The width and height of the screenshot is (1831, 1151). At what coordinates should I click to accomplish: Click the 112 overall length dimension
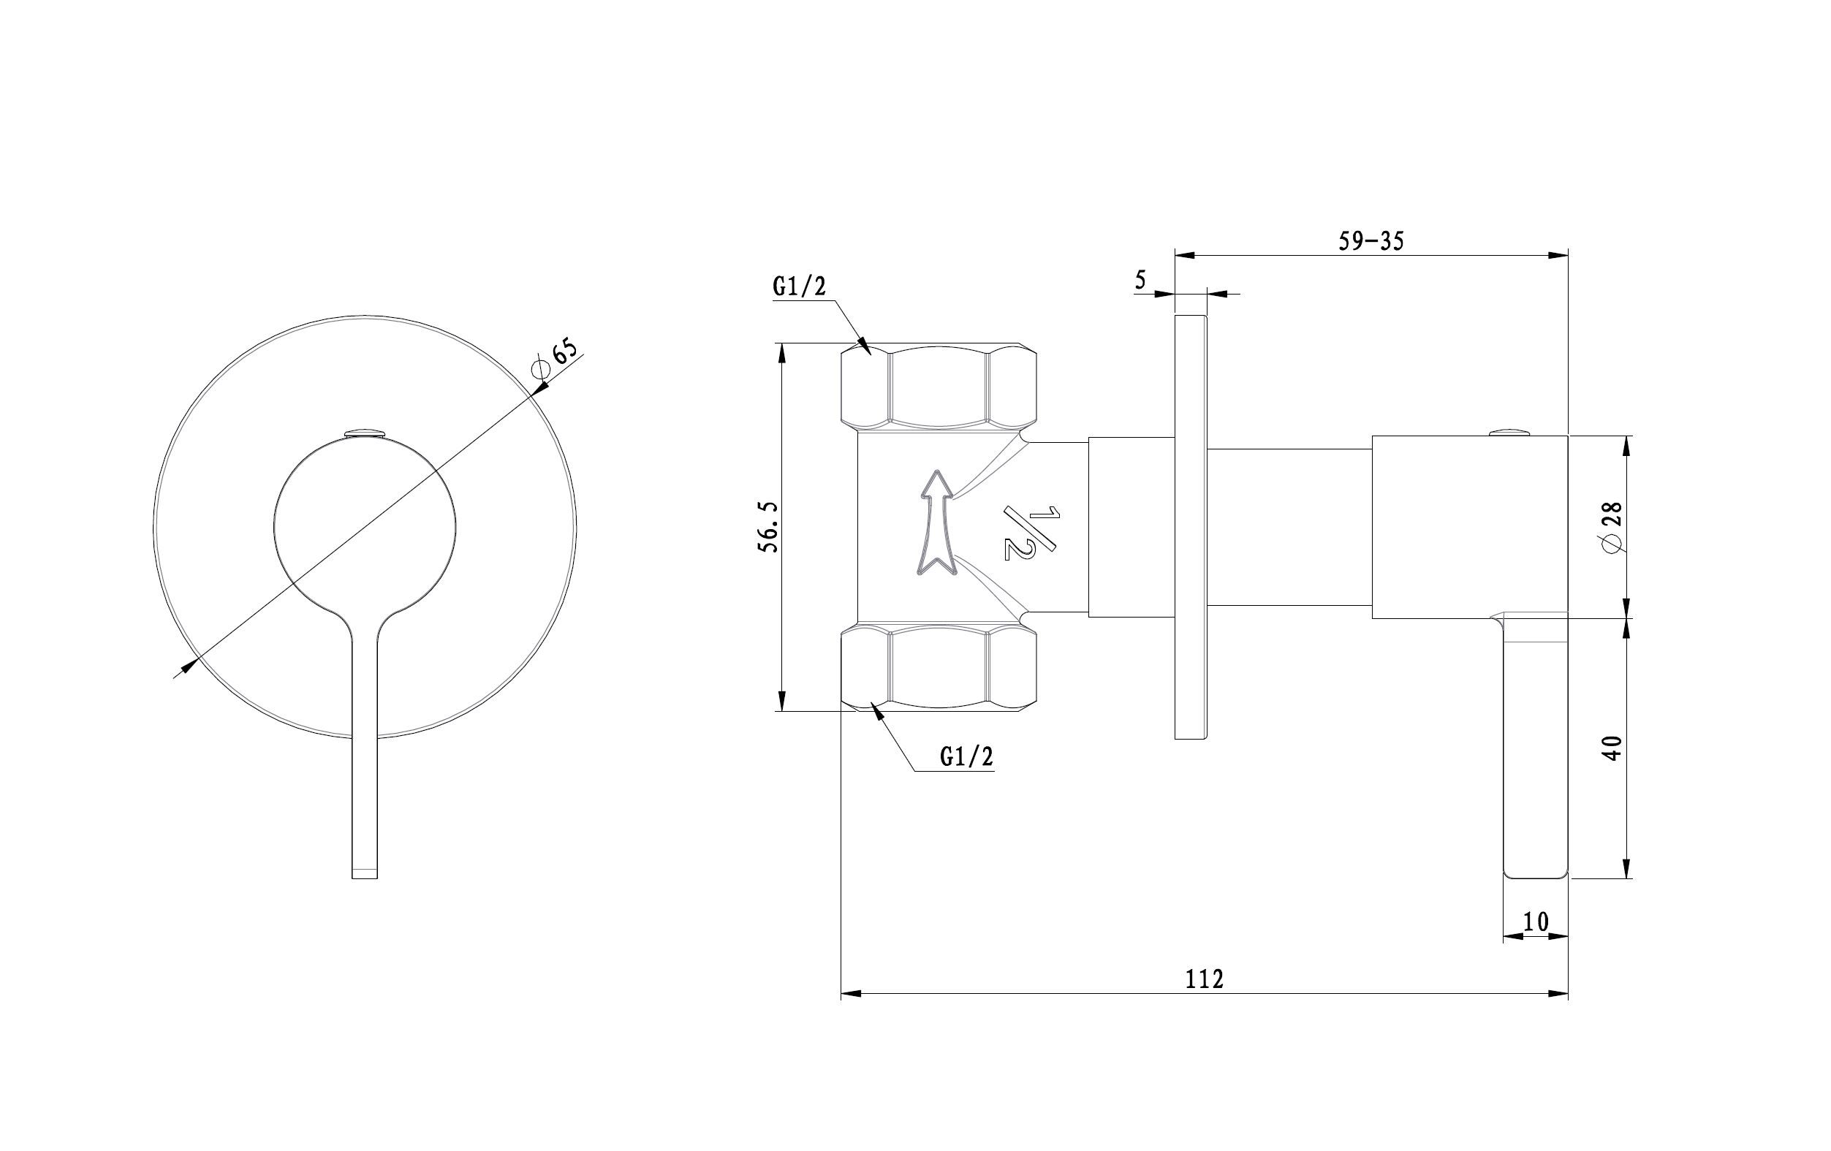[1205, 979]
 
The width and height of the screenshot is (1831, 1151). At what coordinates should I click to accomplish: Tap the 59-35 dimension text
[1371, 241]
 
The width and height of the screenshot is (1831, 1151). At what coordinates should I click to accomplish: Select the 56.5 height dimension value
[770, 526]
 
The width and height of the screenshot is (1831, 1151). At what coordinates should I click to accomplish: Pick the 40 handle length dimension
[1611, 748]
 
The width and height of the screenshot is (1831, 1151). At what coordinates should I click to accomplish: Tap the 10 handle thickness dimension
[1536, 922]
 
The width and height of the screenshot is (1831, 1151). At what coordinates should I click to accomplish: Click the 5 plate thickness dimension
[1140, 280]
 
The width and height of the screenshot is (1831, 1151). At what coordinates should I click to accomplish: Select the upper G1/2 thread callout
[799, 286]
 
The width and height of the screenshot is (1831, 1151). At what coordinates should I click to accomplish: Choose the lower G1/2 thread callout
[966, 756]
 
